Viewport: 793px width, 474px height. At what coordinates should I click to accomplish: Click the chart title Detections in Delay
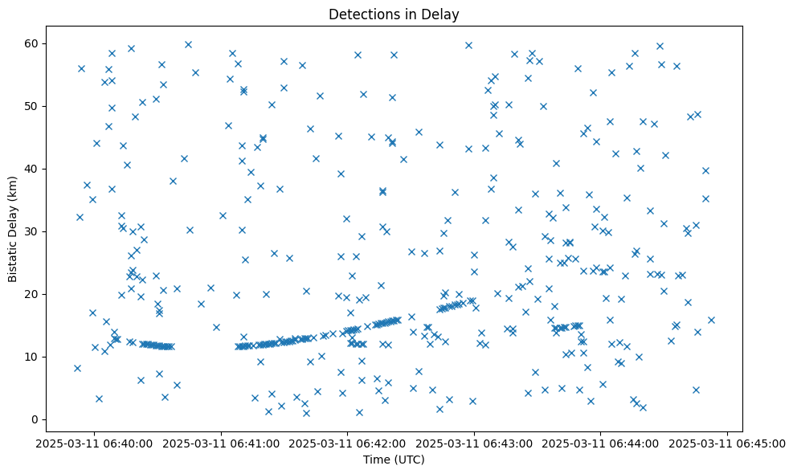click(x=394, y=14)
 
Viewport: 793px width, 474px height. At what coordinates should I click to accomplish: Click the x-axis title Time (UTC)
click(x=394, y=460)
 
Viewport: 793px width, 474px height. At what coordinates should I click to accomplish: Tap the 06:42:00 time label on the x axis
click(x=348, y=443)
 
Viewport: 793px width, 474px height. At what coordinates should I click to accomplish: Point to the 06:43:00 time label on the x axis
click(x=474, y=443)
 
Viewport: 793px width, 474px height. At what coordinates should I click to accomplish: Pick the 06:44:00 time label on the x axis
click(x=601, y=443)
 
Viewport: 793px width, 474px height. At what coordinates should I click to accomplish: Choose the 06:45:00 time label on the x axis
click(x=728, y=443)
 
